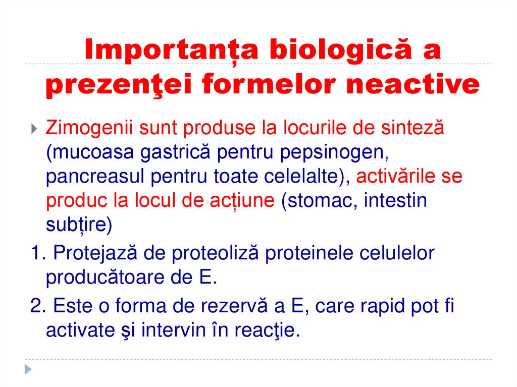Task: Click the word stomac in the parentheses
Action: pos(316,201)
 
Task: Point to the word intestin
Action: pos(395,201)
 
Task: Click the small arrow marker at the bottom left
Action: pos(29,369)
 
